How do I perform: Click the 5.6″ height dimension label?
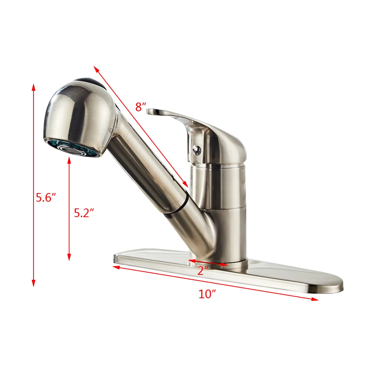46,197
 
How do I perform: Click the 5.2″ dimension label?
83,213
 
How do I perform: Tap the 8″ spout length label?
141,107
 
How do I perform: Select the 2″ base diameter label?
203,270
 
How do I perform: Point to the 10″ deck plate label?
207,294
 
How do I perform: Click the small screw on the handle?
196,150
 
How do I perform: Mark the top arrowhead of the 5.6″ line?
34,87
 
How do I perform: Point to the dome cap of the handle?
230,143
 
